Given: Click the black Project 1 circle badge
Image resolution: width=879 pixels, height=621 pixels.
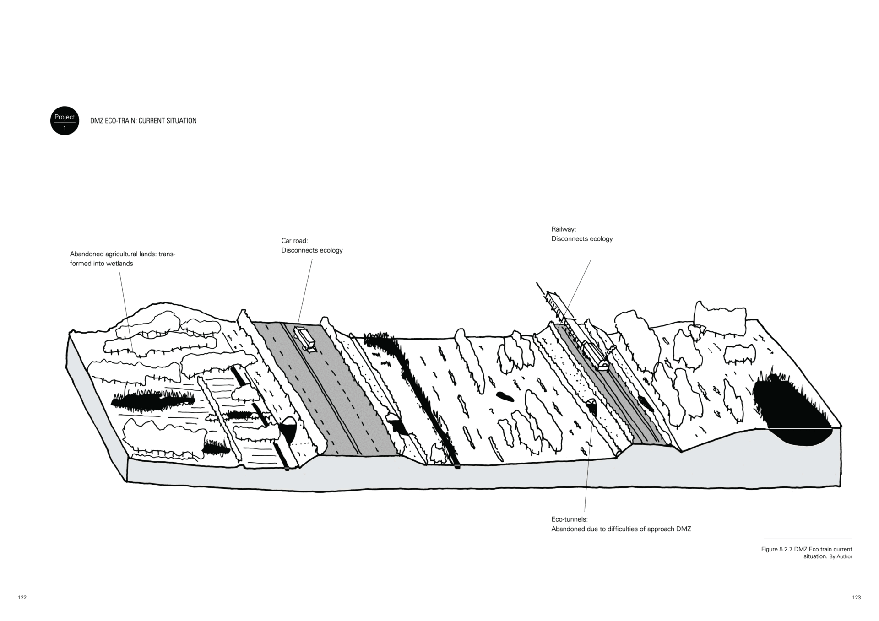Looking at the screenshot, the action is (65, 121).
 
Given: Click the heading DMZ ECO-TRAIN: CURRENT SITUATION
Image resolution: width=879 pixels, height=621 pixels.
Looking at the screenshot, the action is (143, 121).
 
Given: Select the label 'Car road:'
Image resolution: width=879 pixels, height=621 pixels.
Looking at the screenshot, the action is (294, 241).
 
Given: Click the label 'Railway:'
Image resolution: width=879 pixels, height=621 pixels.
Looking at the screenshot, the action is (564, 229).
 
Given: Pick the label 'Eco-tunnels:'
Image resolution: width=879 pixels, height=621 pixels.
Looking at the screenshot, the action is (569, 519).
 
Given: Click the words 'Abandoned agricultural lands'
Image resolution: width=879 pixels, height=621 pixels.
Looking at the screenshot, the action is (113, 254).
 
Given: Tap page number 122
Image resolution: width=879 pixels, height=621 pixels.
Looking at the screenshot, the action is (22, 598).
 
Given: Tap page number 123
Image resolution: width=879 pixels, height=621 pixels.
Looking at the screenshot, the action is (857, 598).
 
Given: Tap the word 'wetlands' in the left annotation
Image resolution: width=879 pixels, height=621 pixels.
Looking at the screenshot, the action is (120, 264).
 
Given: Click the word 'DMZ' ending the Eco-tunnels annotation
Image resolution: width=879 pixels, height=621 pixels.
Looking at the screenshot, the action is (684, 529).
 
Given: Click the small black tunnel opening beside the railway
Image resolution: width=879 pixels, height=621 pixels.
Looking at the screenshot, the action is (591, 405).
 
